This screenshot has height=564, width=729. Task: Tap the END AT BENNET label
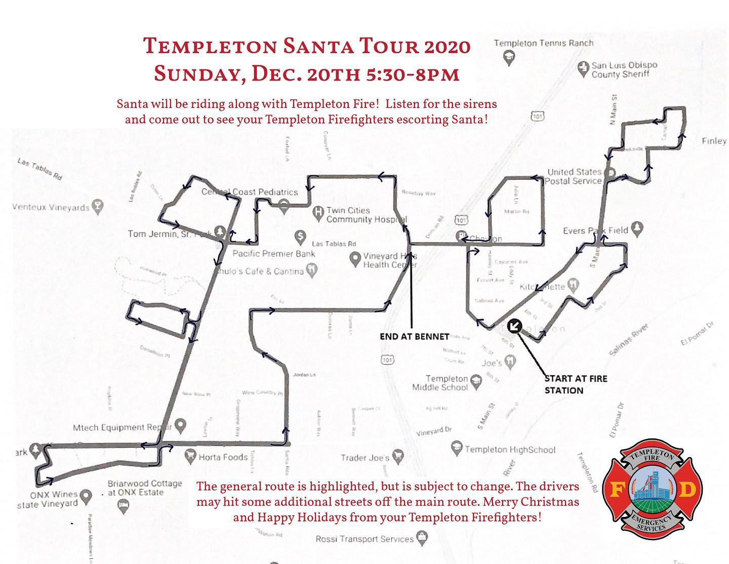point(415,336)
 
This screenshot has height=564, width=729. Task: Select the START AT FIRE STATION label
point(575,384)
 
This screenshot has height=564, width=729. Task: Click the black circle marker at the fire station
point(514,326)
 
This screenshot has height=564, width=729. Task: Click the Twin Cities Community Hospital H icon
point(318,211)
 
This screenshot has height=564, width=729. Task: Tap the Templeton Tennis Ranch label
point(543,43)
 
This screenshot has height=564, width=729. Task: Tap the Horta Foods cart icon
point(190,456)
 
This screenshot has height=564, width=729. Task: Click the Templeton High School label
point(510,449)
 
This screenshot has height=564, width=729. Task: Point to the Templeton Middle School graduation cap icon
point(476,380)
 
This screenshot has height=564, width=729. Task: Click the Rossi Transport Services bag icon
point(421,537)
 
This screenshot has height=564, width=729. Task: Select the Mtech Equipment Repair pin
point(180,425)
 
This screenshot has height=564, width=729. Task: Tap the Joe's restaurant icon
point(511,361)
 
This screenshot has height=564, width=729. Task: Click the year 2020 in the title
point(445,47)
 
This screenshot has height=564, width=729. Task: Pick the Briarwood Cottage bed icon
point(123,505)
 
